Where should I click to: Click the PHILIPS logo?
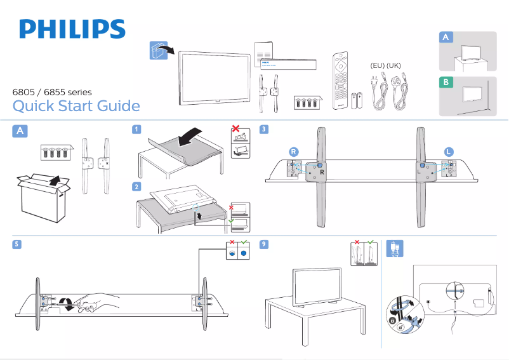[x=72, y=29]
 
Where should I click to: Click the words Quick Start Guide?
[x=76, y=105]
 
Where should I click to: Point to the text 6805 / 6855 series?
[x=52, y=92]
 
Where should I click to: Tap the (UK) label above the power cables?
[x=394, y=65]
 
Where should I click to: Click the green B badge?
[x=447, y=83]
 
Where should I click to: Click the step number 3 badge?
[x=264, y=130]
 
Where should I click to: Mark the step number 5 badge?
[x=17, y=245]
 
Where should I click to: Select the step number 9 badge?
[x=264, y=245]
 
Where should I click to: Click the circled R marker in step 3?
[x=293, y=152]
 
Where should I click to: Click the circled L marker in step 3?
[x=449, y=152]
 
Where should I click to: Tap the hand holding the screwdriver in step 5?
[x=95, y=302]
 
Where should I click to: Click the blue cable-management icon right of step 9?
[x=394, y=248]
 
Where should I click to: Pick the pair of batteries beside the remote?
[x=357, y=102]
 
